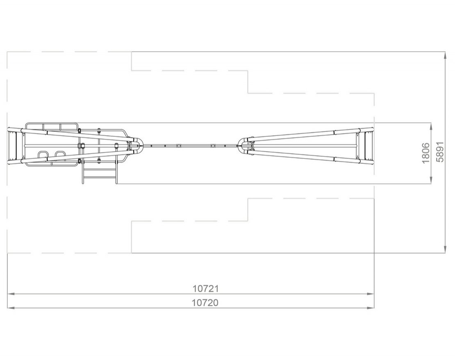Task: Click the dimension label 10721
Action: pos(205,288)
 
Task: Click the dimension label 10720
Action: pos(205,303)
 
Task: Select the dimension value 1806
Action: pos(426,153)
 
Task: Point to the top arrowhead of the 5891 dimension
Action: pos(445,55)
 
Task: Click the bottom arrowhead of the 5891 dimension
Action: pos(445,249)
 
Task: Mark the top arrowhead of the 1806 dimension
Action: pos(431,126)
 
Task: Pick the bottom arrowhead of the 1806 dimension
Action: pos(431,180)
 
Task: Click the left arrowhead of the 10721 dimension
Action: pos(11,294)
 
